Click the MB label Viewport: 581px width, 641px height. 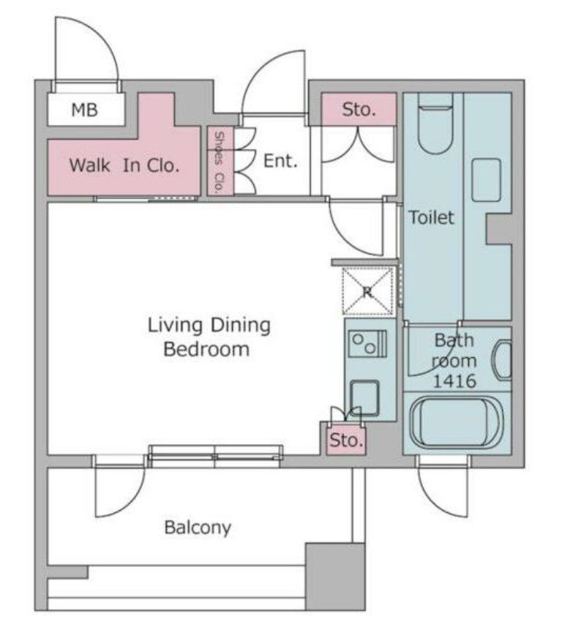coord(85,110)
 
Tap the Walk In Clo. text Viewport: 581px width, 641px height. coord(124,165)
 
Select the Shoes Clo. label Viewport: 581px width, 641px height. coord(220,162)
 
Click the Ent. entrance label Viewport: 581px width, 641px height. coord(280,161)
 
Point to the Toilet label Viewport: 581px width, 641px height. coord(431,217)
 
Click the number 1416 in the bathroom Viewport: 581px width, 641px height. coord(454,381)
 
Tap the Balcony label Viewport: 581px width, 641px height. coord(198,528)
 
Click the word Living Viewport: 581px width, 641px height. coord(175,326)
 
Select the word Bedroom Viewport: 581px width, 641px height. coord(206,349)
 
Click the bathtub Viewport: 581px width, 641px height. coord(457,423)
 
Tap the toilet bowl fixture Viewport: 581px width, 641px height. coord(436,124)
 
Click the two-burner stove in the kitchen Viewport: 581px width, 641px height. coord(367,343)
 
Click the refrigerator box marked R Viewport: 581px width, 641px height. coord(367,290)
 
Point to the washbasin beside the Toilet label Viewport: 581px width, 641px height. coord(486,180)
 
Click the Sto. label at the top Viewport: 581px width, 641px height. coord(359,110)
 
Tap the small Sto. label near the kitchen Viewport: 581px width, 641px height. coord(346,441)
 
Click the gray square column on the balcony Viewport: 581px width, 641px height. coord(335,577)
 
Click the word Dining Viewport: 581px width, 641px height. coord(240,326)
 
